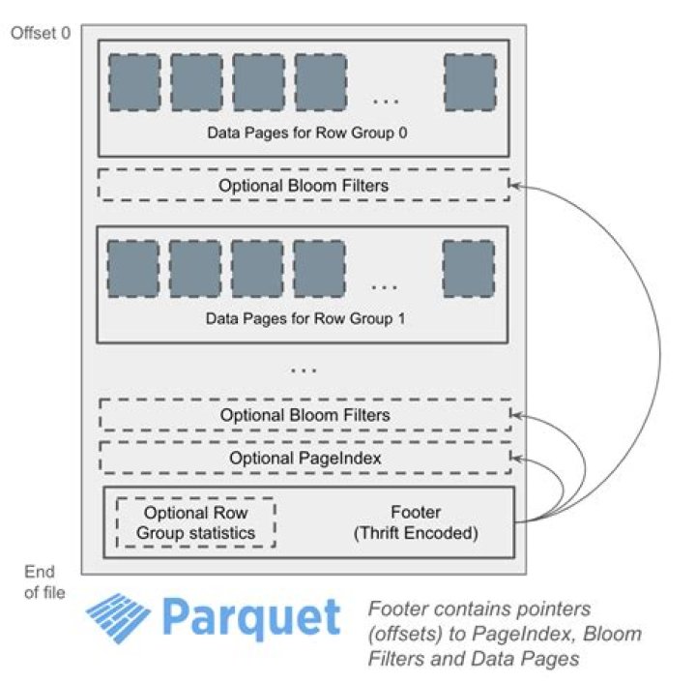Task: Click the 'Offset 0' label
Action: click(41, 33)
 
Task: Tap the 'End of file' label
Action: click(44, 581)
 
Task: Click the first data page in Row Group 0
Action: click(134, 82)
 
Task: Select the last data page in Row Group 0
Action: click(470, 82)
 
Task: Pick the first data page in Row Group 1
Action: click(133, 269)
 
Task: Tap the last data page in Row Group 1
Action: click(469, 269)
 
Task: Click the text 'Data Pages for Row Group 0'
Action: click(307, 133)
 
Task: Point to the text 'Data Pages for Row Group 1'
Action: click(305, 319)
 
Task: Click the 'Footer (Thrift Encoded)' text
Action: click(416, 522)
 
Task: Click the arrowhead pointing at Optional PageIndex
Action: click(516, 458)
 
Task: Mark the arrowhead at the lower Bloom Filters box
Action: click(516, 415)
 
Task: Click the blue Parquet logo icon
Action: click(118, 618)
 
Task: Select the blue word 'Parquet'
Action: click(251, 618)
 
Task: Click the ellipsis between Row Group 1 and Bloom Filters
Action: click(304, 370)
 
